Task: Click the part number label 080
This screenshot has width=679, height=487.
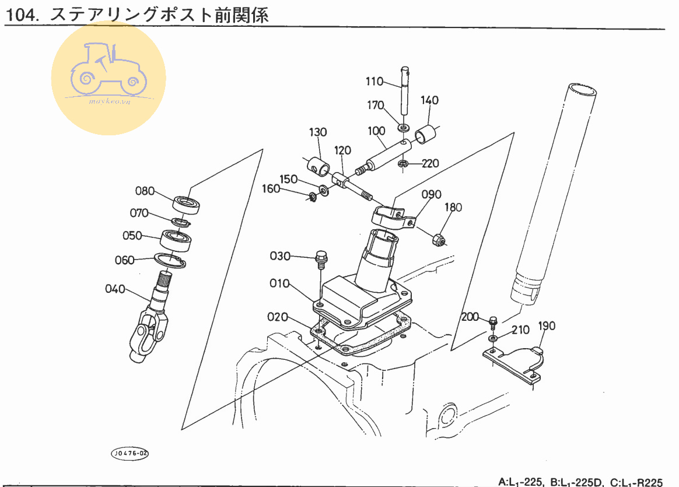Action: (x=145, y=191)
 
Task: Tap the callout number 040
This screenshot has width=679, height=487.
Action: (x=115, y=289)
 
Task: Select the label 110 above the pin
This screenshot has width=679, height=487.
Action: (x=375, y=82)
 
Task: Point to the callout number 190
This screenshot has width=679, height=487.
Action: (x=547, y=325)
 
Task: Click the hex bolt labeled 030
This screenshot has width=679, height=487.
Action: (x=321, y=257)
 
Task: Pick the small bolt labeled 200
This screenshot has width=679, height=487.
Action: (x=494, y=320)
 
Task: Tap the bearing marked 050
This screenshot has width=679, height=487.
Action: (x=176, y=240)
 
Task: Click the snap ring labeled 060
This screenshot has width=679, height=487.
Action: (x=170, y=260)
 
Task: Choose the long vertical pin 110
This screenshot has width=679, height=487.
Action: (x=404, y=93)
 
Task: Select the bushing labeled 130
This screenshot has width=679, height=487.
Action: (x=319, y=165)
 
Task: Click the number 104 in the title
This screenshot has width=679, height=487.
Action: (x=20, y=16)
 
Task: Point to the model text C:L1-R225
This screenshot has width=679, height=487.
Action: (x=635, y=482)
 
